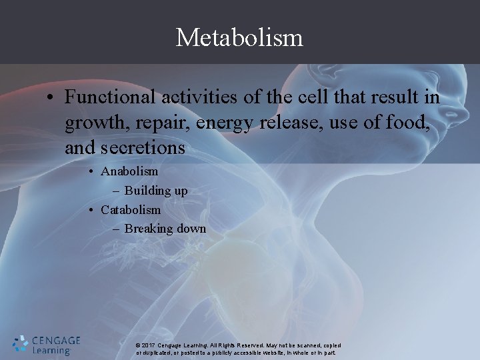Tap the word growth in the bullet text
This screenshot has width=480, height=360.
coord(91,123)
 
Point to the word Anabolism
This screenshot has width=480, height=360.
coord(129,171)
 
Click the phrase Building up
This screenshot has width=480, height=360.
coord(156,191)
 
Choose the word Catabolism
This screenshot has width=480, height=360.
coord(131,209)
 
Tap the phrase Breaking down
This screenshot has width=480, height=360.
coord(165,229)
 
